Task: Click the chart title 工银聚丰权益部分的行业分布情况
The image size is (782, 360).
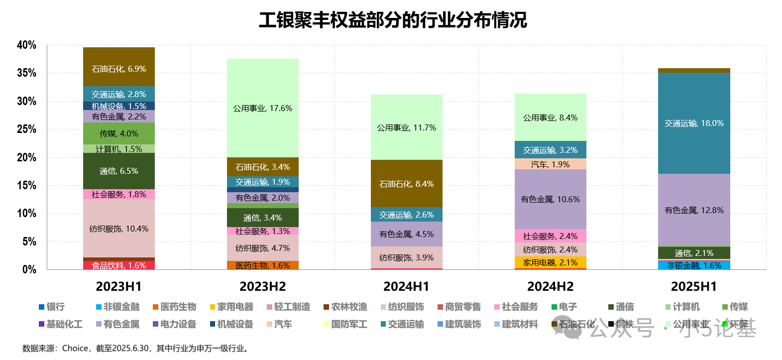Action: coord(392,20)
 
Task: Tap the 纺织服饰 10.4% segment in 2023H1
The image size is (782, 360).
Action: coord(118,229)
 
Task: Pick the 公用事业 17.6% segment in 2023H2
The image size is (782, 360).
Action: coord(263,108)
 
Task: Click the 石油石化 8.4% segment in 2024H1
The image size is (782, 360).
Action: coord(406,184)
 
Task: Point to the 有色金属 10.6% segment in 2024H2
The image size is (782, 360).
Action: coord(550,199)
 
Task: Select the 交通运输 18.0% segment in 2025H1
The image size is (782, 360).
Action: coord(694,123)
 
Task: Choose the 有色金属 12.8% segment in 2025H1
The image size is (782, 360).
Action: coord(694,210)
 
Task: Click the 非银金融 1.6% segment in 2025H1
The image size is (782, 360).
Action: coord(694,265)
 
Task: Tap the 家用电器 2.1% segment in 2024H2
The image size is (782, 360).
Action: coord(550,262)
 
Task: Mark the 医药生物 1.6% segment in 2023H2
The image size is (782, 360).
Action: coord(263,265)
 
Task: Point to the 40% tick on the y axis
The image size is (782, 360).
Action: coord(26,45)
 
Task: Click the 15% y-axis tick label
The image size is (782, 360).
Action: coord(26,186)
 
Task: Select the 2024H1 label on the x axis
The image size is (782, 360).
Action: coord(406,287)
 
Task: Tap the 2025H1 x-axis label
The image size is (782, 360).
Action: coord(694,287)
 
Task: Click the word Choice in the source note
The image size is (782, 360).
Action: coord(75,349)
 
